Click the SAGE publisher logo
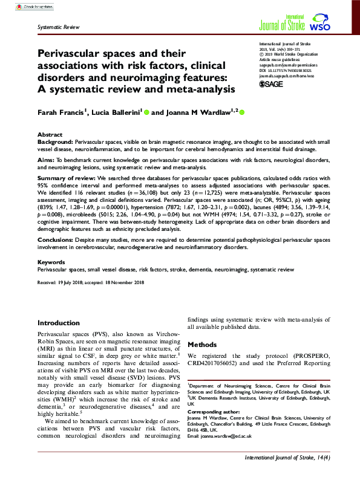tap(272, 84)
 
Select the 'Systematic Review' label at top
tap(58, 28)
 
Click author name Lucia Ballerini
tap(107, 112)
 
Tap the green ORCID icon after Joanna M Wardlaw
tap(226, 112)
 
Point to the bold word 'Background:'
tap(56, 140)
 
